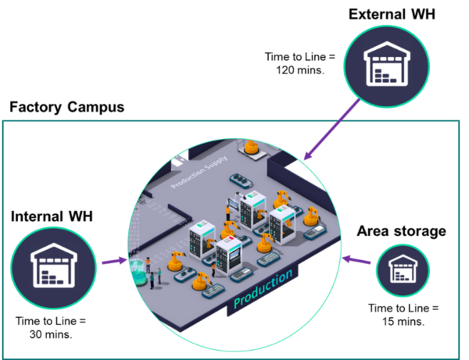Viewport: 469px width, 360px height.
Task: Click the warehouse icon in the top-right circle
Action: (388, 65)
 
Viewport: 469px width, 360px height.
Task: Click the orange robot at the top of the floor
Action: (251, 146)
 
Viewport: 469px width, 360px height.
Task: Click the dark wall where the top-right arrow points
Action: (286, 169)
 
